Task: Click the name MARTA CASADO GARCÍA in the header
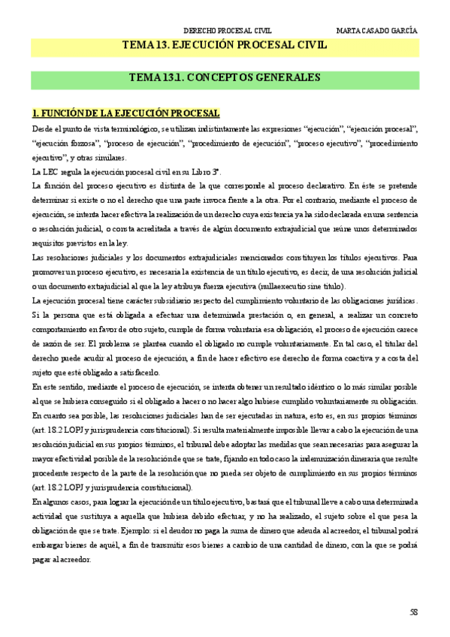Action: coord(378,31)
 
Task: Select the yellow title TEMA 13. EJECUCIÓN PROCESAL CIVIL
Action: coord(225,46)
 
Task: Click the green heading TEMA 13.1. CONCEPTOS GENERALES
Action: coord(225,77)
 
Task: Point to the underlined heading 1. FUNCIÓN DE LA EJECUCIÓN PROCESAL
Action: coord(125,113)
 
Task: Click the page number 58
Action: coord(413,613)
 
